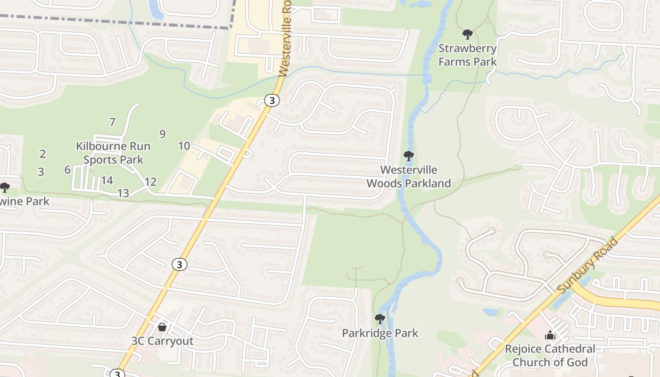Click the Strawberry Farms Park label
(467, 55)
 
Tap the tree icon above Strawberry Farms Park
(468, 34)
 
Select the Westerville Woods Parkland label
(409, 176)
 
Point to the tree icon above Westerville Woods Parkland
(409, 156)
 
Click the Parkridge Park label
(380, 333)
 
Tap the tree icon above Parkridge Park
(380, 319)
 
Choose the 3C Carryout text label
(163, 341)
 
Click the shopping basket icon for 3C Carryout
(162, 327)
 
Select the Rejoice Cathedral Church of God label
(550, 355)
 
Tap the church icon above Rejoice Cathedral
(550, 336)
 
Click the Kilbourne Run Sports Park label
(113, 153)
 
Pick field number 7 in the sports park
(112, 122)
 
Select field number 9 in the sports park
(163, 134)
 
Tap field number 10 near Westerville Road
(184, 146)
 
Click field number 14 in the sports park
(107, 180)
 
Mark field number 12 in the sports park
(150, 182)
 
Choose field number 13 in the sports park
(123, 193)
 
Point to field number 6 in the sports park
(67, 170)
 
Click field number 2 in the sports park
(43, 154)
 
